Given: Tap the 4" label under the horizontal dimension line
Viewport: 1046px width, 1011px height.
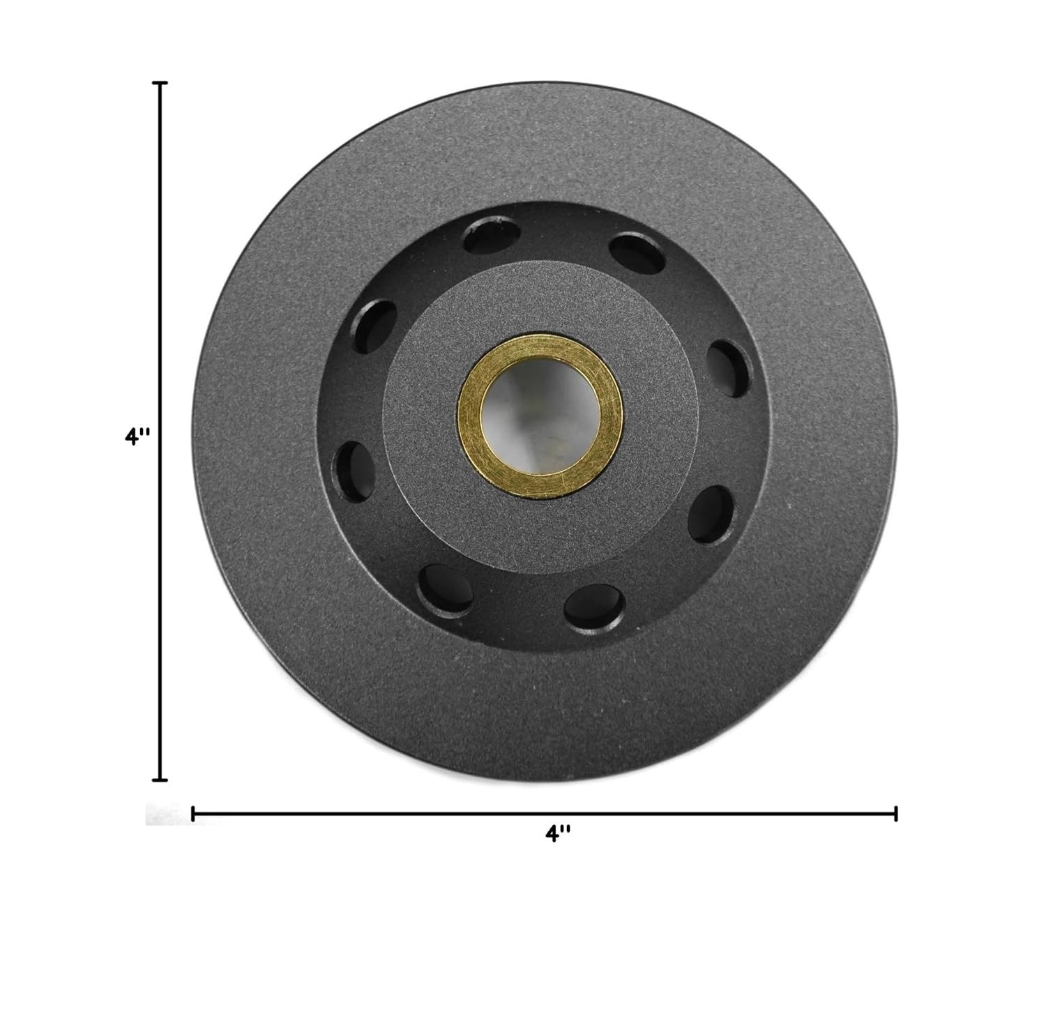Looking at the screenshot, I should click(558, 834).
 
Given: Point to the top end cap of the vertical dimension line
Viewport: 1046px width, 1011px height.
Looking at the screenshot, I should click(161, 83).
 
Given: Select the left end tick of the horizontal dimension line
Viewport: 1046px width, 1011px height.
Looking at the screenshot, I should click(192, 813).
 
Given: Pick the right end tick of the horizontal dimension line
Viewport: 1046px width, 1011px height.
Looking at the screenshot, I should click(895, 813).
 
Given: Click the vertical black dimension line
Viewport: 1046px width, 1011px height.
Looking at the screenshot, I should click(161, 279).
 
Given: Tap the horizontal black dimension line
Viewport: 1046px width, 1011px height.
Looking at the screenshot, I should click(418, 813).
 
